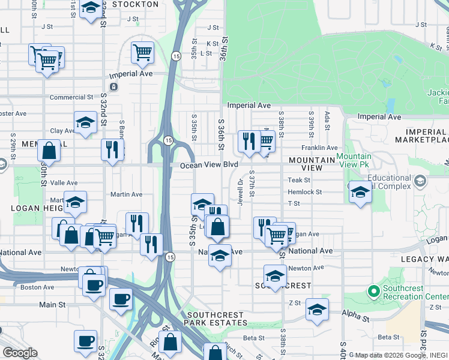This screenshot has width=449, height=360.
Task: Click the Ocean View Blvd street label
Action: tap(209, 164)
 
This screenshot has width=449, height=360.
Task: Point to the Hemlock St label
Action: tap(305, 193)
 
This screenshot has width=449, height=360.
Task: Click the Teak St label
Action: tap(298, 180)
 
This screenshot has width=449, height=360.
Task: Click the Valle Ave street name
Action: tap(64, 183)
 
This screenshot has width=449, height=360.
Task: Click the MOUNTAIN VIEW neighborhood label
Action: tap(312, 164)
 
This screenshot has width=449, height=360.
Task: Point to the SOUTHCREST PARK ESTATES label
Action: tap(215, 319)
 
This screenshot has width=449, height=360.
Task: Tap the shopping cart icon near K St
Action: tap(142, 52)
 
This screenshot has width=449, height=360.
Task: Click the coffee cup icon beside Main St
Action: tap(121, 299)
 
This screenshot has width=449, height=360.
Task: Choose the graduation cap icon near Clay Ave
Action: tap(86, 123)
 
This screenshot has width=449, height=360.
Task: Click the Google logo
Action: tap(19, 353)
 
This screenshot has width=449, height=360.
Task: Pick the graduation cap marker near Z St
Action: tap(317, 310)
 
